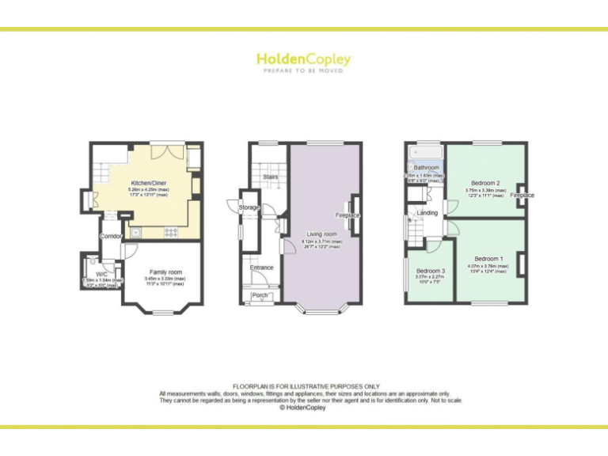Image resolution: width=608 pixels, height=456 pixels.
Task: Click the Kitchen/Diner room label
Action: click(x=148, y=183)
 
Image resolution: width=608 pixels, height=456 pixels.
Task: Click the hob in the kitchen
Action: click(x=169, y=232)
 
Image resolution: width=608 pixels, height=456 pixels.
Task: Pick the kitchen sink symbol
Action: click(x=137, y=233)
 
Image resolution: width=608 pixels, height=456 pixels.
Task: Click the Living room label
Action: click(x=322, y=234)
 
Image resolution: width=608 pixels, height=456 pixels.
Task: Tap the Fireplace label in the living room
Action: click(x=348, y=215)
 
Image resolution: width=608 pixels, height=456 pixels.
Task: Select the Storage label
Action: click(x=249, y=207)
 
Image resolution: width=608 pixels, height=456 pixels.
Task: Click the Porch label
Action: click(x=260, y=297)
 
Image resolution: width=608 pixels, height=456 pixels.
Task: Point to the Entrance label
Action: click(x=261, y=268)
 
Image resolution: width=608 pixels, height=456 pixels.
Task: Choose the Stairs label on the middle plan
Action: click(x=271, y=177)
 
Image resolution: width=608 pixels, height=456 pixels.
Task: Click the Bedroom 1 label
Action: click(x=488, y=259)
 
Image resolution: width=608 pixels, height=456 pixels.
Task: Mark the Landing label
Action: click(x=427, y=213)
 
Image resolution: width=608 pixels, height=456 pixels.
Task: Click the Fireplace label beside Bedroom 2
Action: click(x=522, y=195)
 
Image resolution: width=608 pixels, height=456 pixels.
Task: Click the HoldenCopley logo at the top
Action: click(x=303, y=59)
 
